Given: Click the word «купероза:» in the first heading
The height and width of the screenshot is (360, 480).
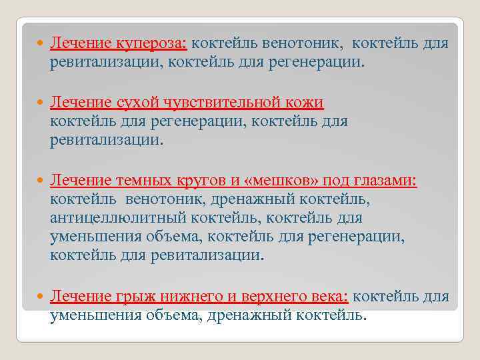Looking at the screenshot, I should [x=151, y=44].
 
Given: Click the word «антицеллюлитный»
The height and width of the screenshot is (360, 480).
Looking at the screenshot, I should [x=118, y=218].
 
